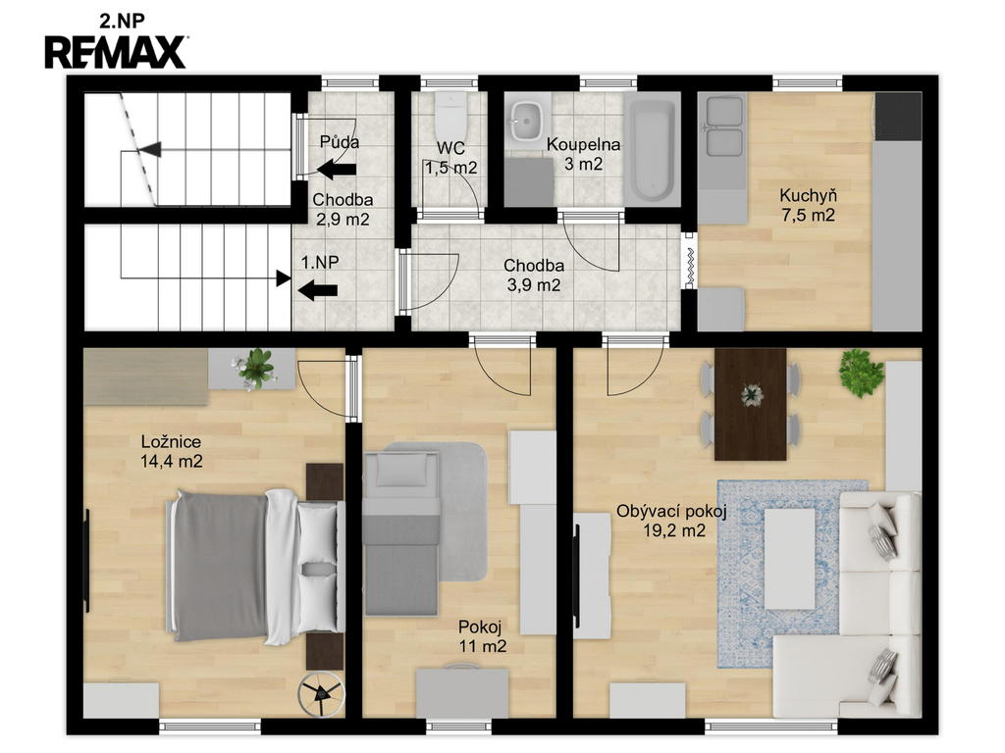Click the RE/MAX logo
coord(116,52)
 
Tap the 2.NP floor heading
coord(122,21)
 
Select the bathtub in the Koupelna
coord(653,151)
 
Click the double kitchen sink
coord(723,125)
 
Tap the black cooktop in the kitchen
coord(897,117)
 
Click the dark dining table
coord(751,404)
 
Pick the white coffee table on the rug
coord(790,558)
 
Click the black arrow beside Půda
coord(338,170)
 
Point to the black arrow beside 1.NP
coord(318,290)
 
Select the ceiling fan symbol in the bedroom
coord(321,693)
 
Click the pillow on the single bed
coord(401,470)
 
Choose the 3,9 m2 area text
coord(533,285)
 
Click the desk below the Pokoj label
coord(462,693)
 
